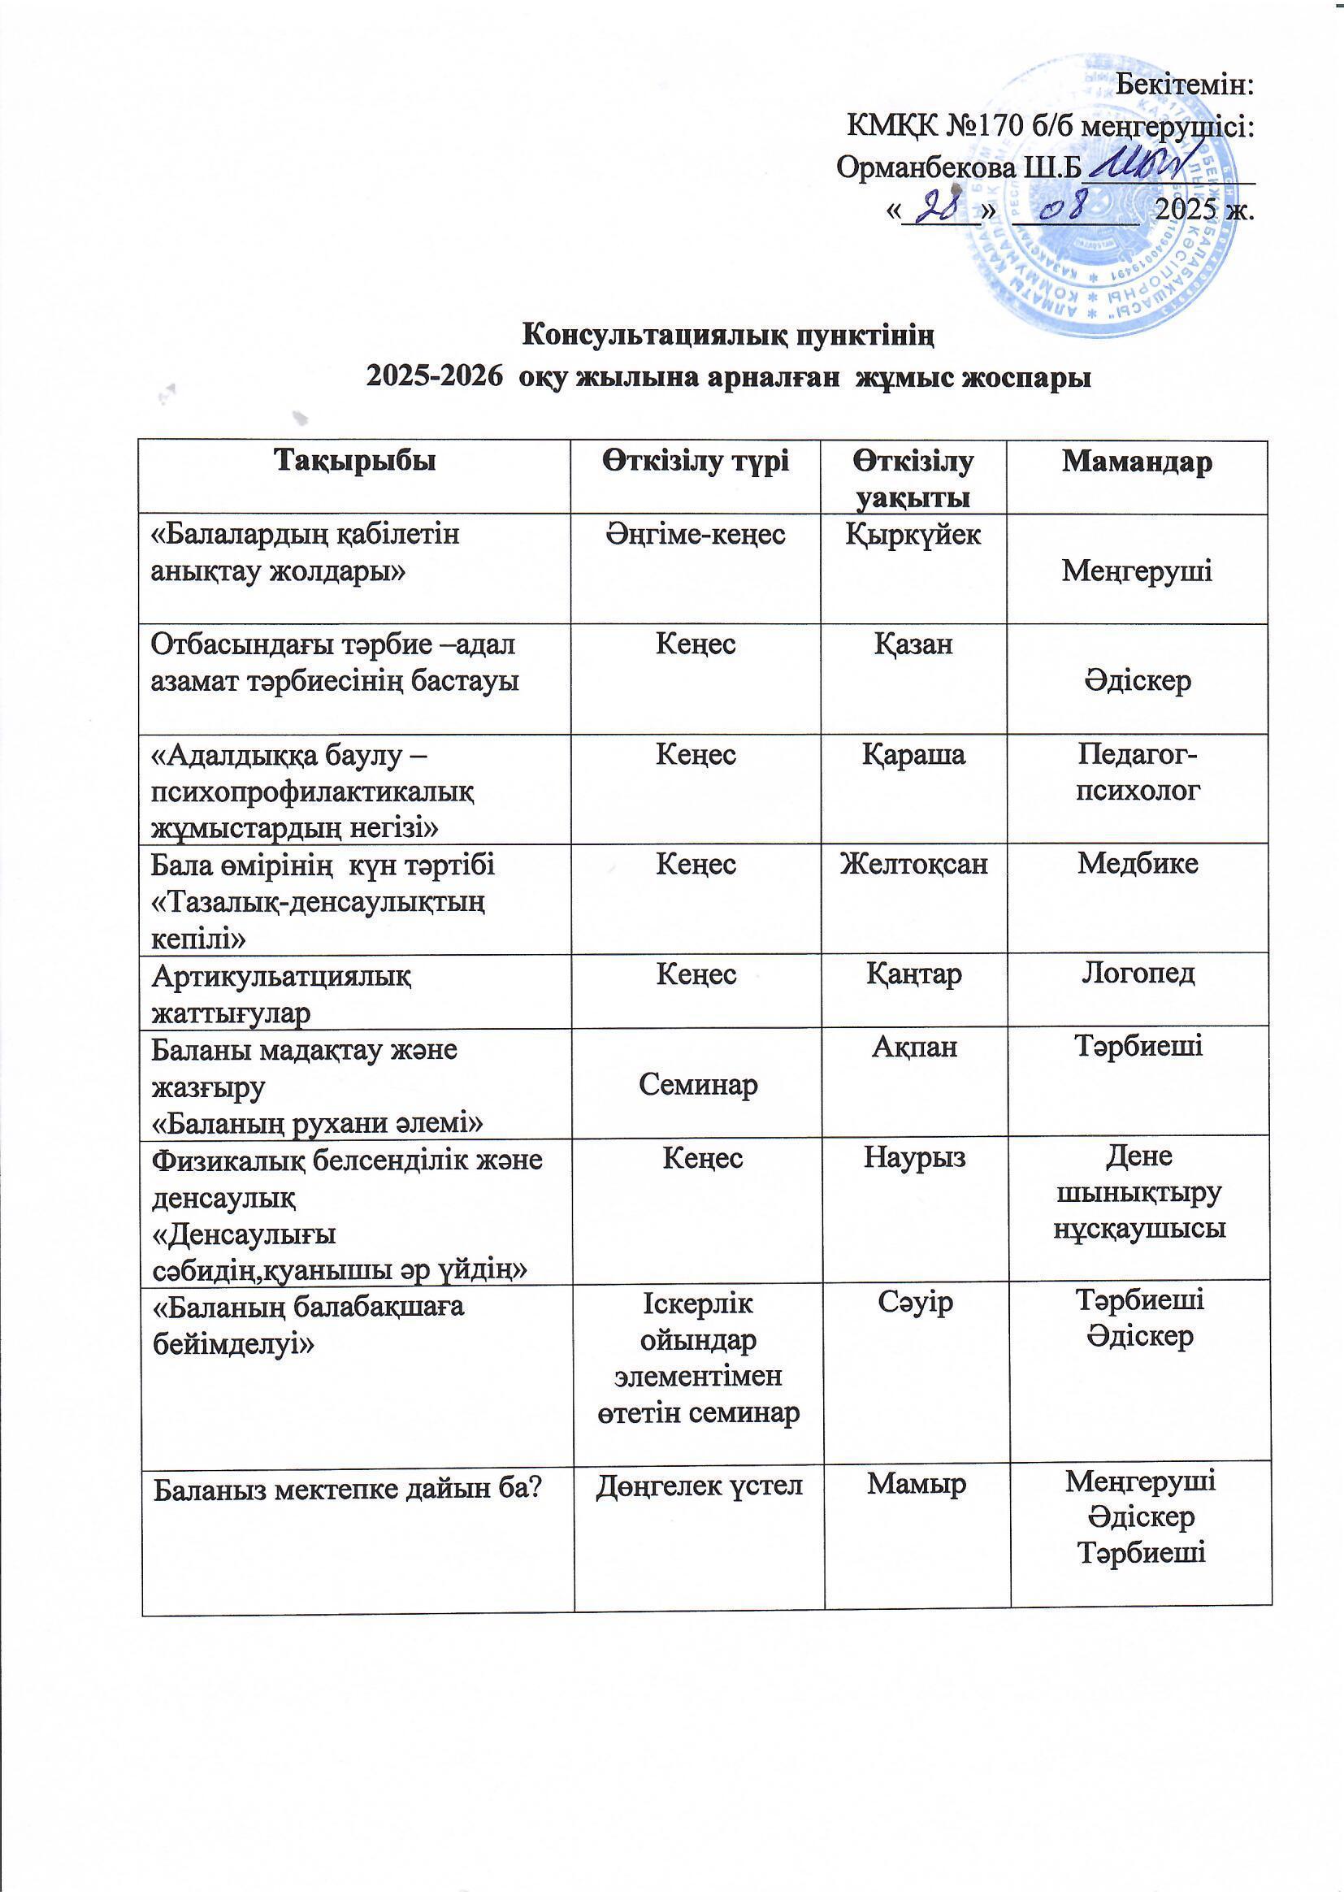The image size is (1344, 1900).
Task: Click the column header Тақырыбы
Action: [355, 461]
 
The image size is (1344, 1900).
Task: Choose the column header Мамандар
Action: [1137, 461]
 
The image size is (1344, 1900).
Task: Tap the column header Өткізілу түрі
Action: [696, 461]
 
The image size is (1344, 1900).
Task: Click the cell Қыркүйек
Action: [913, 535]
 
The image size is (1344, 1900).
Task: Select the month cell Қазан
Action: [913, 644]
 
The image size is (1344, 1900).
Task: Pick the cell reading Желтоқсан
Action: [913, 864]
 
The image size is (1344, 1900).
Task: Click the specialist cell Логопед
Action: [1138, 974]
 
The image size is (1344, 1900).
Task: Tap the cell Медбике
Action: [1138, 864]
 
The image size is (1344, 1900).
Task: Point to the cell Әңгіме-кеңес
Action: [696, 535]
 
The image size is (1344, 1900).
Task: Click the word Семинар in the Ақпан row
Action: [698, 1085]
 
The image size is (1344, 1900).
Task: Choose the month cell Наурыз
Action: [914, 1157]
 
